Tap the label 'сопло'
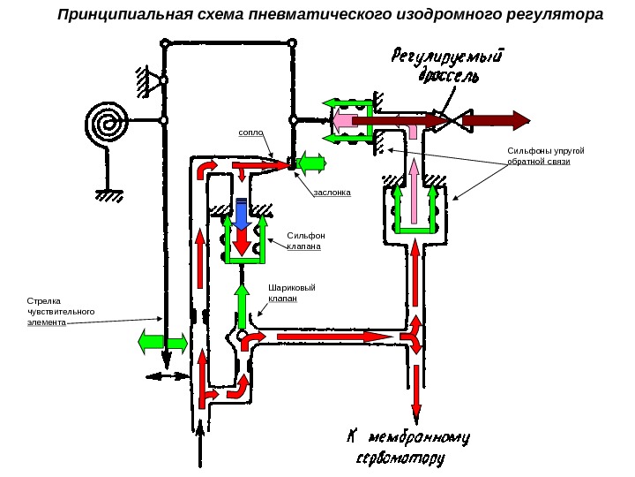pos(251,133)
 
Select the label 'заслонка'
pos(332,191)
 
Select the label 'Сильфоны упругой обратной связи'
pos(545,156)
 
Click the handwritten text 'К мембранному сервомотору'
pos(406,447)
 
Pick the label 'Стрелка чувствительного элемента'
pos(61,311)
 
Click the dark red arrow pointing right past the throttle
pos(495,119)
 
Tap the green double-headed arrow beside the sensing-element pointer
pos(163,340)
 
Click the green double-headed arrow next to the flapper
pos(312,163)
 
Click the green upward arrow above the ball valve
pos(241,306)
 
